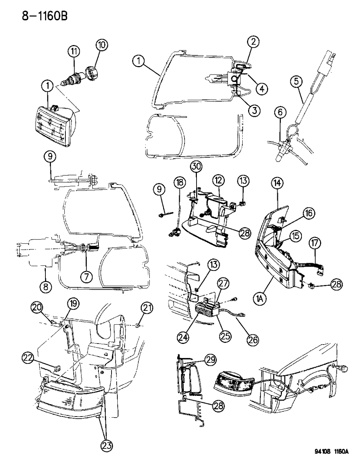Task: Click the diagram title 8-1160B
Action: tap(36, 16)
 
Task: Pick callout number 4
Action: tap(261, 88)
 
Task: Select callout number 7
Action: tap(86, 277)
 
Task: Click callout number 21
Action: tap(146, 309)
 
